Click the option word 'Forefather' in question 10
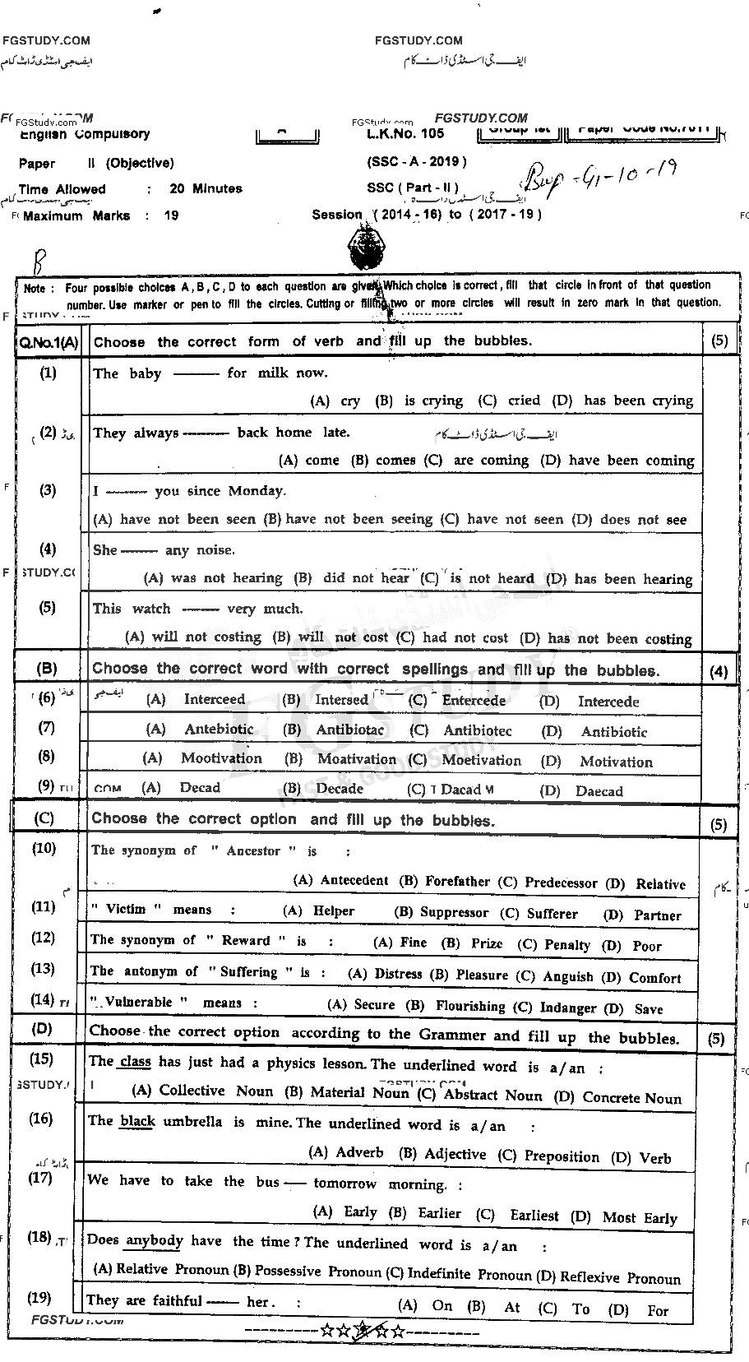pyautogui.click(x=457, y=881)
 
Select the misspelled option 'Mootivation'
pyautogui.click(x=221, y=758)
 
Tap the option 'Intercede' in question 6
pyautogui.click(x=608, y=702)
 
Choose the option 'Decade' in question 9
pyautogui.click(x=340, y=788)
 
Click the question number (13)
pyautogui.click(x=43, y=969)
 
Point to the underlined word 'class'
pyautogui.click(x=135, y=1062)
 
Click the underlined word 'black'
pyautogui.click(x=137, y=1121)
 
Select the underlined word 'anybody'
pyautogui.click(x=154, y=1240)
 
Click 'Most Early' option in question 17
pyautogui.click(x=640, y=1218)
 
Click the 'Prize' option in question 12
pyautogui.click(x=487, y=943)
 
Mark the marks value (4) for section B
pyautogui.click(x=718, y=672)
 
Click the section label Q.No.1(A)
pyautogui.click(x=48, y=343)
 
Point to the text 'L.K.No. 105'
pyautogui.click(x=405, y=133)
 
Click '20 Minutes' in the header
pyautogui.click(x=206, y=188)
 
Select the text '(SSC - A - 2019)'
pyautogui.click(x=417, y=161)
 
